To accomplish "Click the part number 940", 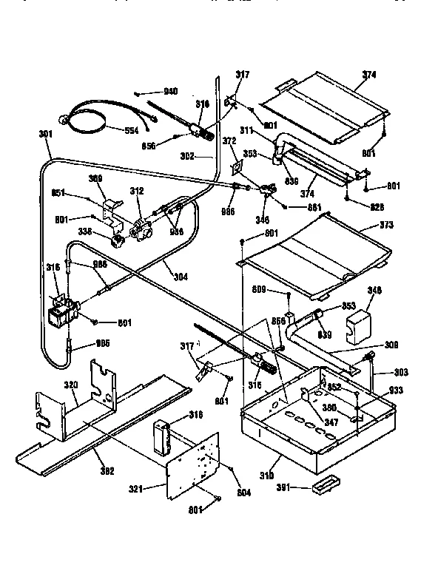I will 170,91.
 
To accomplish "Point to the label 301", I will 46,134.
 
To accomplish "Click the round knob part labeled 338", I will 116,240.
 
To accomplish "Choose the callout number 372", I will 229,141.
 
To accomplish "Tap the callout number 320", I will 70,385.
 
